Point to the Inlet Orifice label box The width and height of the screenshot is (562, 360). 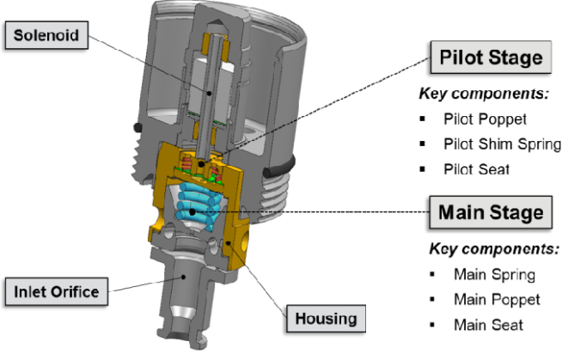(x=57, y=291)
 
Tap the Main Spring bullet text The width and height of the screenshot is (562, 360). (x=495, y=275)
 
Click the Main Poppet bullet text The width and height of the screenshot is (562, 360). (x=497, y=300)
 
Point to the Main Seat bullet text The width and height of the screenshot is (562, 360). (x=489, y=325)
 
